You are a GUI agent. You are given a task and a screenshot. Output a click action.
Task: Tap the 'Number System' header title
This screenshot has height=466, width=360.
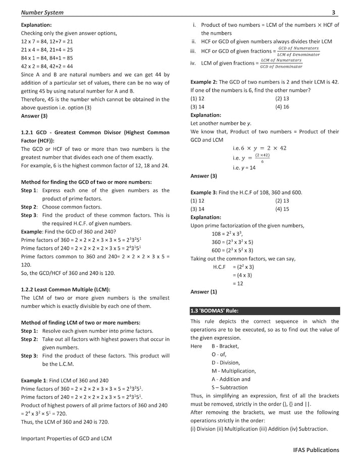pyautogui.click(x=42, y=12)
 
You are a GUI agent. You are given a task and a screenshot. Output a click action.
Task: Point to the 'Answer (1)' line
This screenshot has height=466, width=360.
pyautogui.click(x=203, y=292)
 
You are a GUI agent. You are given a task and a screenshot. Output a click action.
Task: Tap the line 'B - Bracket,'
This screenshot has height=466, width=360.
pyautogui.click(x=225, y=346)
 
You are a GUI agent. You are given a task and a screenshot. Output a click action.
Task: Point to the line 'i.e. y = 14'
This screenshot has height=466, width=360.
pyautogui.click(x=244, y=168)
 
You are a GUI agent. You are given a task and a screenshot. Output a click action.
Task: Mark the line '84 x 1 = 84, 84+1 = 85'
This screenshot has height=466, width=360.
pyautogui.click(x=47, y=58)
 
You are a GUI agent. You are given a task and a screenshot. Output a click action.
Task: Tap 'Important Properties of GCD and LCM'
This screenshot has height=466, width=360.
pyautogui.click(x=66, y=438)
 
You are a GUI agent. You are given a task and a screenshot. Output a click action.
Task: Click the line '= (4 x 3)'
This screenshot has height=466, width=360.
pyautogui.click(x=242, y=275)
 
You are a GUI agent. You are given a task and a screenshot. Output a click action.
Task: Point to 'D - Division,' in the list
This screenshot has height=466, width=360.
pyautogui.click(x=226, y=363)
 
